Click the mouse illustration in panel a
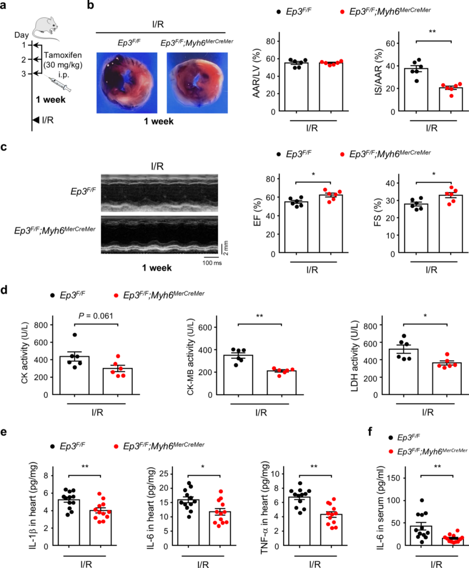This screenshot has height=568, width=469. (x=46, y=28)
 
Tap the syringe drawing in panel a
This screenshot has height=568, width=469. (x=59, y=84)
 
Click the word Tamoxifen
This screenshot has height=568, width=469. (x=63, y=55)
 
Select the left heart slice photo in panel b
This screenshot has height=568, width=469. (x=127, y=83)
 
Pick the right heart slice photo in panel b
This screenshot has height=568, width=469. (x=197, y=83)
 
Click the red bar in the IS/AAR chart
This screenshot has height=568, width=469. (x=450, y=99)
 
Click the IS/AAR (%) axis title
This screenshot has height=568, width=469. (x=378, y=72)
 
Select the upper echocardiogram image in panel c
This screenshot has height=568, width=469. (x=159, y=193)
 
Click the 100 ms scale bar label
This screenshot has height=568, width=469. (x=212, y=263)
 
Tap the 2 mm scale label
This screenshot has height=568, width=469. (x=226, y=248)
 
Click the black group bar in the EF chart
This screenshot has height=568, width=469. (x=296, y=227)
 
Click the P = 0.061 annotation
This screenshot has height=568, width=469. (x=96, y=316)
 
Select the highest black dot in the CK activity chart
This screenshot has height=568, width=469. (x=75, y=335)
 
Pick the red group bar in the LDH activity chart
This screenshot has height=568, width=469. (x=447, y=378)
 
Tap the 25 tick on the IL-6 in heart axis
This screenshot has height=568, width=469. (x=164, y=474)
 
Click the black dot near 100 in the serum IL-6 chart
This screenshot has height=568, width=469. (x=422, y=500)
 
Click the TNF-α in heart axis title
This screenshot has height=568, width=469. (x=265, y=508)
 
